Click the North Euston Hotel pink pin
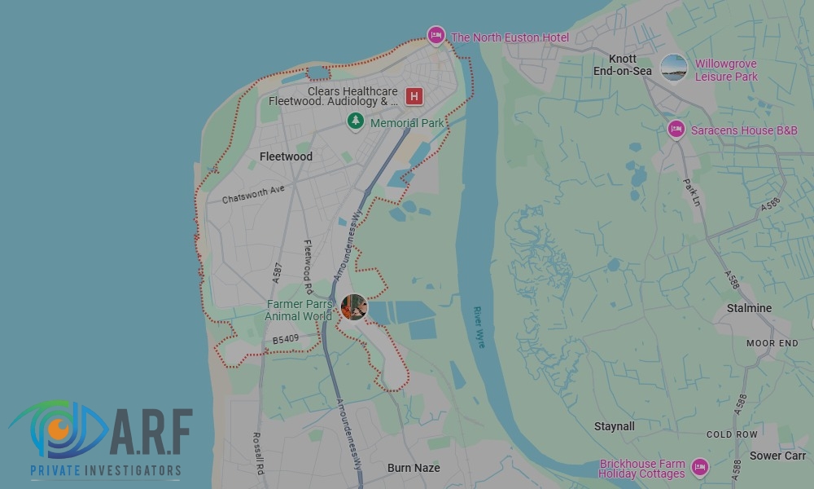[436, 35]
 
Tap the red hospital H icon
[414, 97]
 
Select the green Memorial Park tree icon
[356, 121]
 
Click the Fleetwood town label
[286, 156]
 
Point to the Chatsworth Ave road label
[253, 193]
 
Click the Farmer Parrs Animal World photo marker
[354, 307]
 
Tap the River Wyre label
[479, 327]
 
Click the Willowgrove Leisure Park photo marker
[674, 68]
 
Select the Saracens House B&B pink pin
[676, 129]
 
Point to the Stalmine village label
[749, 308]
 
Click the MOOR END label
[772, 344]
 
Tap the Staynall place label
[615, 426]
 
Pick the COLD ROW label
[732, 435]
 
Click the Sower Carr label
[777, 456]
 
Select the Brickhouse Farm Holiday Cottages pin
[699, 467]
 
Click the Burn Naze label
[414, 468]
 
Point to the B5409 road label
[287, 339]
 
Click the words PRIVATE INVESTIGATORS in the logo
[106, 470]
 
